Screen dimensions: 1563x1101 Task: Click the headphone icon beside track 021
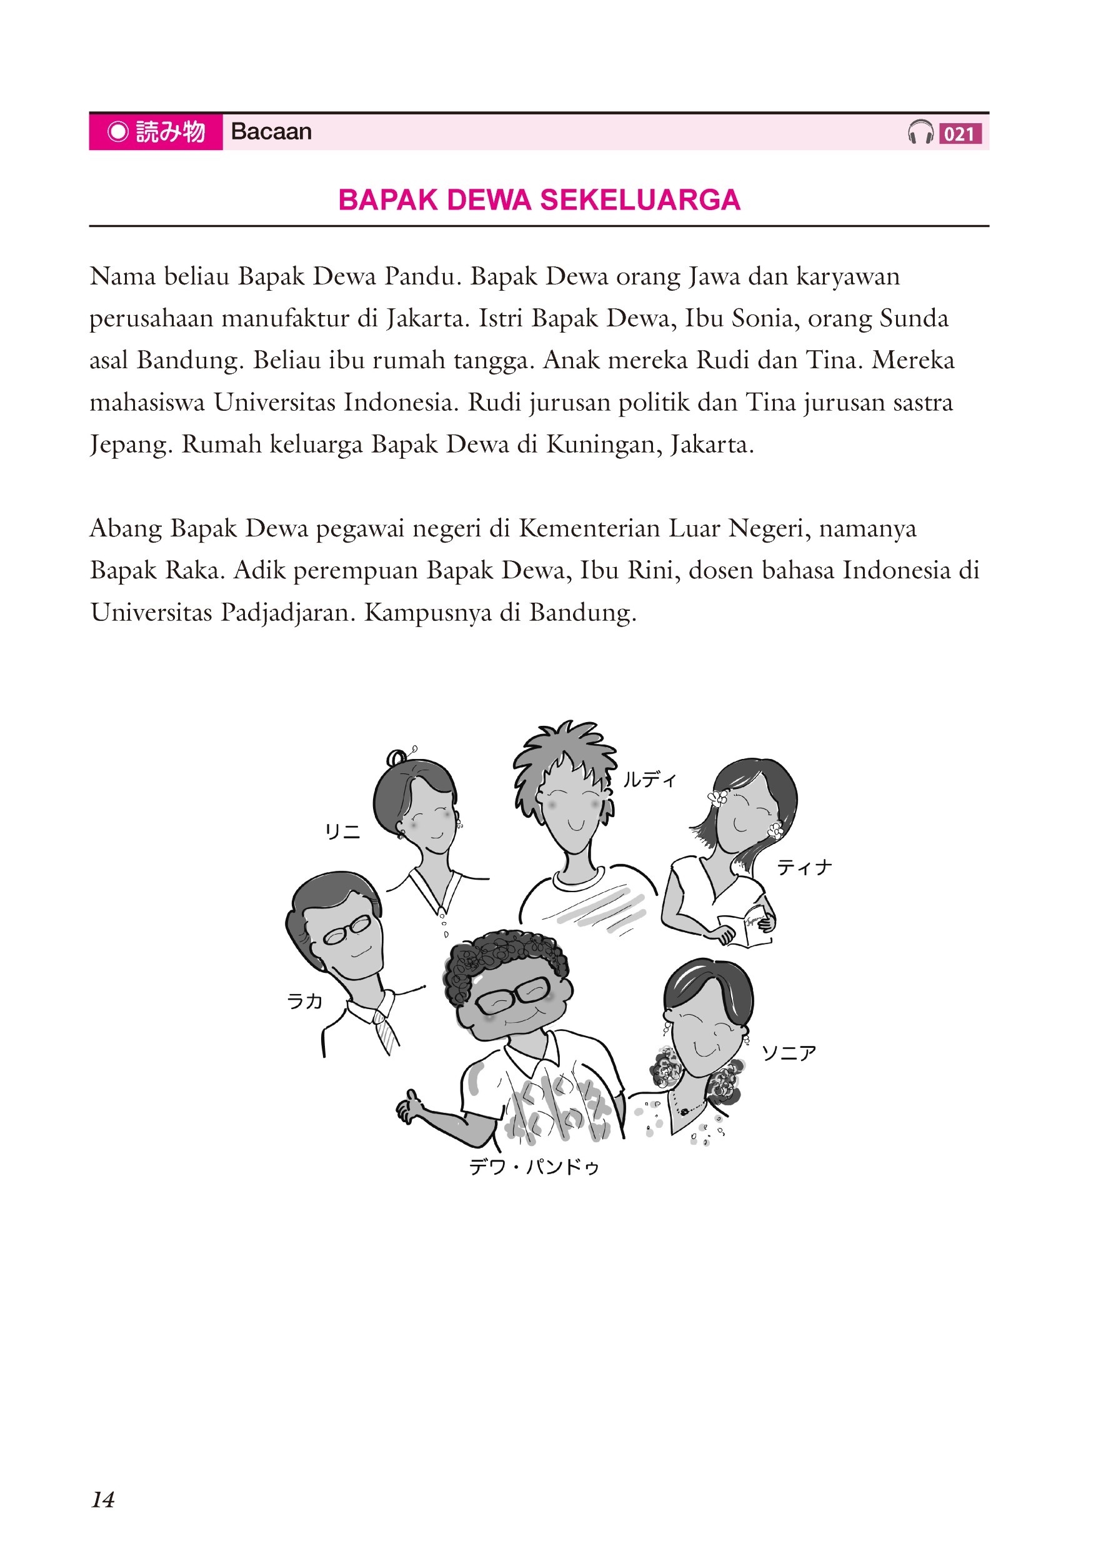pyautogui.click(x=920, y=132)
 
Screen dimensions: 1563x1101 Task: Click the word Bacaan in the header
pyautogui.click(x=271, y=131)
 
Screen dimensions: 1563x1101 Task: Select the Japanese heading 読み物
pyautogui.click(x=169, y=131)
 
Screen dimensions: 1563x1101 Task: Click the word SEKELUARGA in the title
pyautogui.click(x=640, y=200)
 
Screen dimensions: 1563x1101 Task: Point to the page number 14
pyautogui.click(x=102, y=1499)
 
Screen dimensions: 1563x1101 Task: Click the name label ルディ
pyautogui.click(x=650, y=780)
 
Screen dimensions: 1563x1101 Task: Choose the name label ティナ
pyautogui.click(x=804, y=867)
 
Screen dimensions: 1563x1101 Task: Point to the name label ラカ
pyautogui.click(x=304, y=1002)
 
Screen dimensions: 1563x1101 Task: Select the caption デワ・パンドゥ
pyautogui.click(x=534, y=1167)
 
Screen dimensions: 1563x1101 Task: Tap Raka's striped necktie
pyautogui.click(x=385, y=1032)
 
